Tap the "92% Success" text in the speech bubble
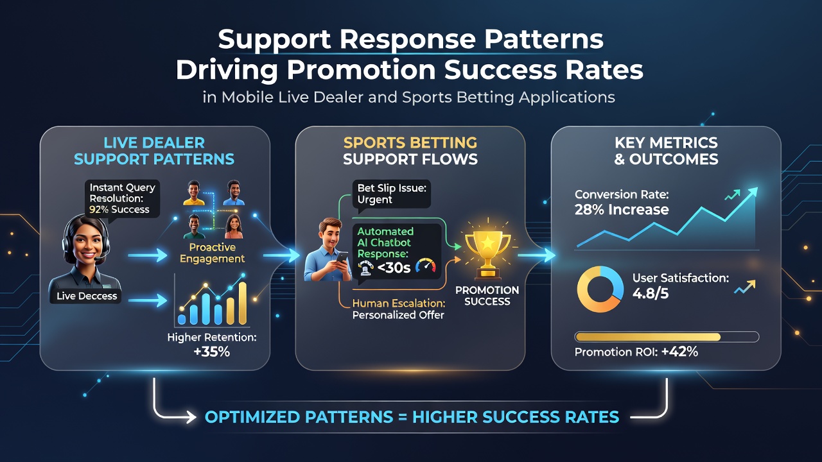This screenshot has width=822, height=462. pyautogui.click(x=119, y=209)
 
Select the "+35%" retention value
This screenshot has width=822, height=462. pyautogui.click(x=212, y=352)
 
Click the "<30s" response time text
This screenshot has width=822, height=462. pyautogui.click(x=394, y=268)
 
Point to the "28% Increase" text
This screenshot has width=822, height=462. pyautogui.click(x=622, y=210)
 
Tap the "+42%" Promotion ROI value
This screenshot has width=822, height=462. pyautogui.click(x=679, y=352)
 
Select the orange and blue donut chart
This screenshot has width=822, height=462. pyautogui.click(x=600, y=289)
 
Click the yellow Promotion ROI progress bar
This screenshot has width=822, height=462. pyautogui.click(x=648, y=337)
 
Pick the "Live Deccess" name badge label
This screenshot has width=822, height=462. pyautogui.click(x=87, y=296)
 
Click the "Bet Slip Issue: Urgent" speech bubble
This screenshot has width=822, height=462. pyautogui.click(x=392, y=194)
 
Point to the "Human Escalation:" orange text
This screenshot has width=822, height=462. pyautogui.click(x=399, y=304)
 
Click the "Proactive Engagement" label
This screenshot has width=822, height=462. pyautogui.click(x=212, y=253)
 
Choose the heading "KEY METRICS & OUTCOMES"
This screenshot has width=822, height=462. pyautogui.click(x=666, y=151)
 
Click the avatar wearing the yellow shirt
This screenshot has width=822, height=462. pyautogui.click(x=194, y=193)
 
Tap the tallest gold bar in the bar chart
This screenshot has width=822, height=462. pyautogui.click(x=243, y=304)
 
